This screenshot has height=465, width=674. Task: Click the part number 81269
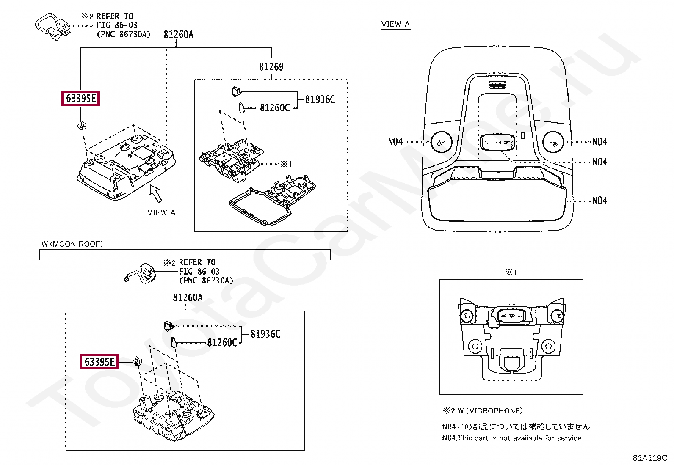271,67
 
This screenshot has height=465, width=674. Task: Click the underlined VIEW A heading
395,24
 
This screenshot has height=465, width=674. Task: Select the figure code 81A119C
650,458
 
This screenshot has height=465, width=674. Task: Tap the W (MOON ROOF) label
72,244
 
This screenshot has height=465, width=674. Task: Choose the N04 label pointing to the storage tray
599,201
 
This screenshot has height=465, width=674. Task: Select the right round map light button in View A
552,141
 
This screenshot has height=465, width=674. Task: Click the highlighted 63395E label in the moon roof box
99,362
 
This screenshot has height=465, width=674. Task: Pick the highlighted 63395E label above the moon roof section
80,99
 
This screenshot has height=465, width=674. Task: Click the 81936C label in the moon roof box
265,334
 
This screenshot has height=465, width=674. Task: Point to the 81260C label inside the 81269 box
274,108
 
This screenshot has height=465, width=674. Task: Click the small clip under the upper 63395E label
81,125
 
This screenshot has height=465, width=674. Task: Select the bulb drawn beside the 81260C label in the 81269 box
241,107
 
